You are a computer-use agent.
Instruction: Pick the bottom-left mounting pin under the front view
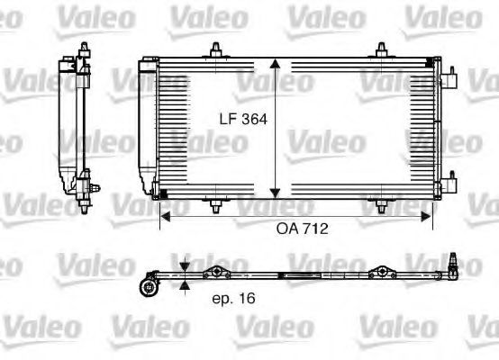click(x=214, y=207)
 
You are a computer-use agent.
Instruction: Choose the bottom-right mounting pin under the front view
click(x=383, y=207)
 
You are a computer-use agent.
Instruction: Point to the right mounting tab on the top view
click(x=383, y=272)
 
